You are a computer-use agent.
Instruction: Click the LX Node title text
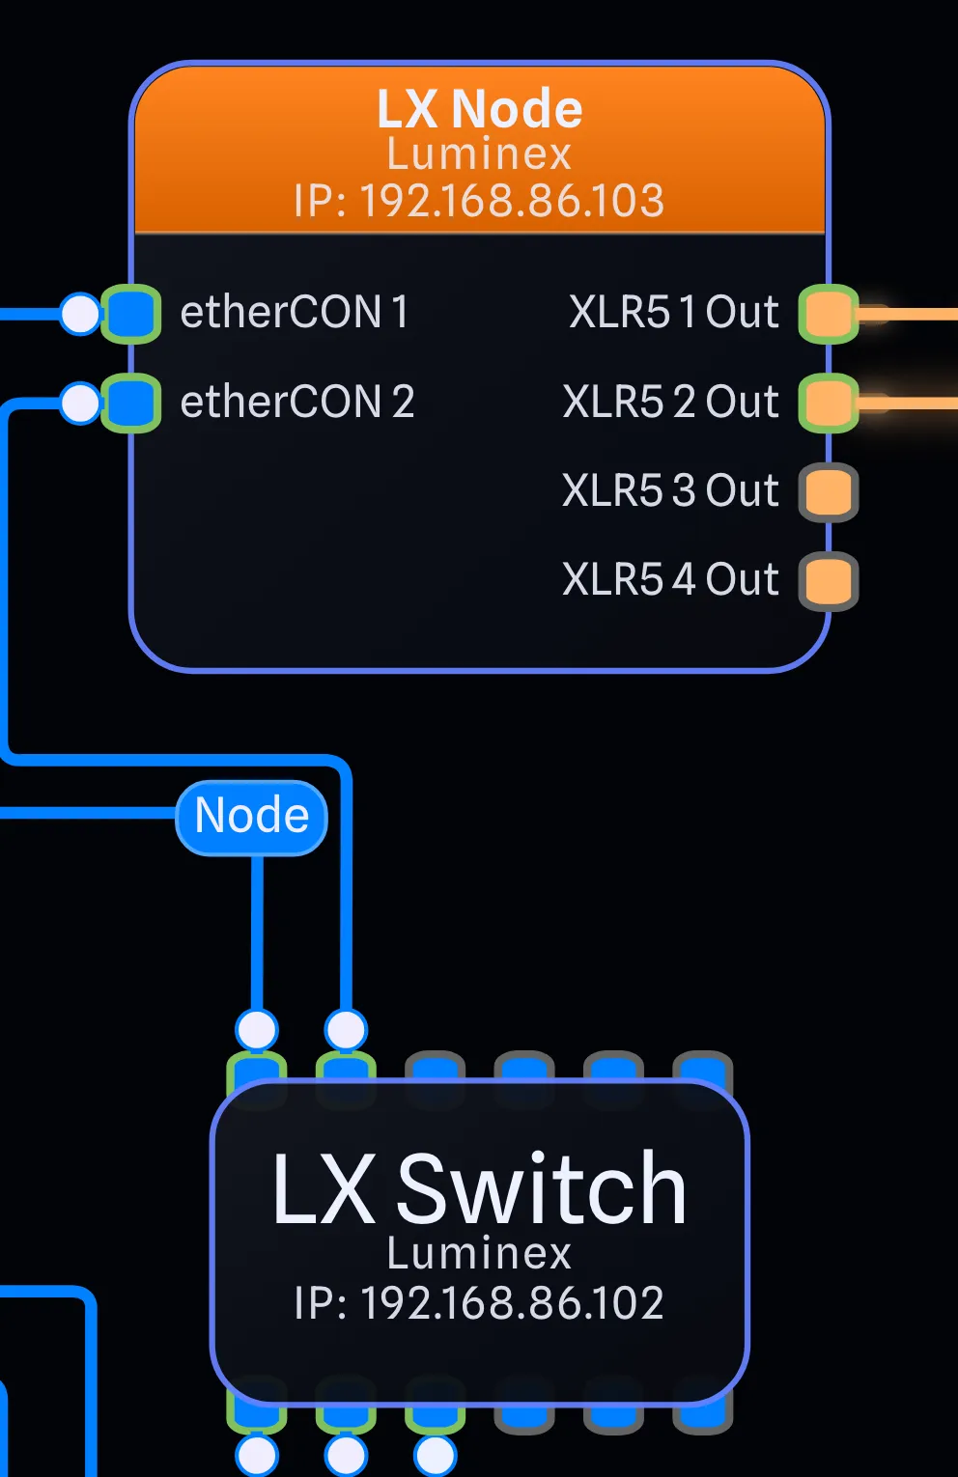pyautogui.click(x=480, y=109)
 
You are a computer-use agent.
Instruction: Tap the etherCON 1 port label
pyautogui.click(x=295, y=312)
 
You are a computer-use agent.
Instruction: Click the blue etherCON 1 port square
pyautogui.click(x=131, y=313)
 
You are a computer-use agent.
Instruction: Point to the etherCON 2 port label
pyautogui.click(x=296, y=402)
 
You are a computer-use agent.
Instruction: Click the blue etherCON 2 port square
pyautogui.click(x=131, y=403)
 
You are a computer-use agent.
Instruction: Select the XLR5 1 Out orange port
pyautogui.click(x=829, y=313)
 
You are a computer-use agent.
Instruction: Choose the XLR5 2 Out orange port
pyautogui.click(x=829, y=403)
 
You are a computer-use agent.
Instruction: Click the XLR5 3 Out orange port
pyautogui.click(x=829, y=492)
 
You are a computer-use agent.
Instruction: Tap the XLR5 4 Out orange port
pyautogui.click(x=829, y=581)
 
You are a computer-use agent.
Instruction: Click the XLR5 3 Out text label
pyautogui.click(x=670, y=490)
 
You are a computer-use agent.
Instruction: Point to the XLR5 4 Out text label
pyautogui.click(x=670, y=579)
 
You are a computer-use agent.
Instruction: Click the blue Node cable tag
pyautogui.click(x=251, y=818)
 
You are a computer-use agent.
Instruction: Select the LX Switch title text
pyautogui.click(x=480, y=1189)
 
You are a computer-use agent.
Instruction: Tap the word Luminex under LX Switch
pyautogui.click(x=480, y=1253)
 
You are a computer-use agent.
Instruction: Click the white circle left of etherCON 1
pyautogui.click(x=80, y=313)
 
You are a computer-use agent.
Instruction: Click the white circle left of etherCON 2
pyautogui.click(x=80, y=403)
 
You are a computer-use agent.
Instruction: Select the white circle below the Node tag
pyautogui.click(x=257, y=1029)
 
